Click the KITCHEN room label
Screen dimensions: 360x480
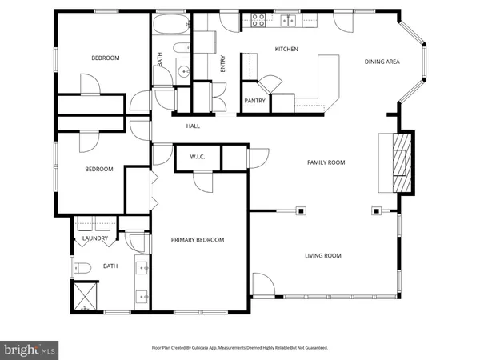[286, 50]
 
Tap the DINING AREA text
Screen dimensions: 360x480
[381, 62]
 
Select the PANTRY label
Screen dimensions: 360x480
[254, 101]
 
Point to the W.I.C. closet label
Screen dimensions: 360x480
[198, 157]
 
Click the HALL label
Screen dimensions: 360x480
[193, 126]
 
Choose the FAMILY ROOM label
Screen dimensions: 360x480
[326, 162]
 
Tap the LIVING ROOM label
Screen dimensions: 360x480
[322, 256]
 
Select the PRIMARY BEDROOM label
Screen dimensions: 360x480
[198, 240]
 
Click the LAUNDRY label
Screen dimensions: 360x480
[95, 238]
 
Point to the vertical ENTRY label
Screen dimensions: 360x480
[223, 63]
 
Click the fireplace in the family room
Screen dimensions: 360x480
[402, 162]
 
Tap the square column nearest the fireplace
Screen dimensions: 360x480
[375, 211]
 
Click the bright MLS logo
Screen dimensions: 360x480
[30, 350]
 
